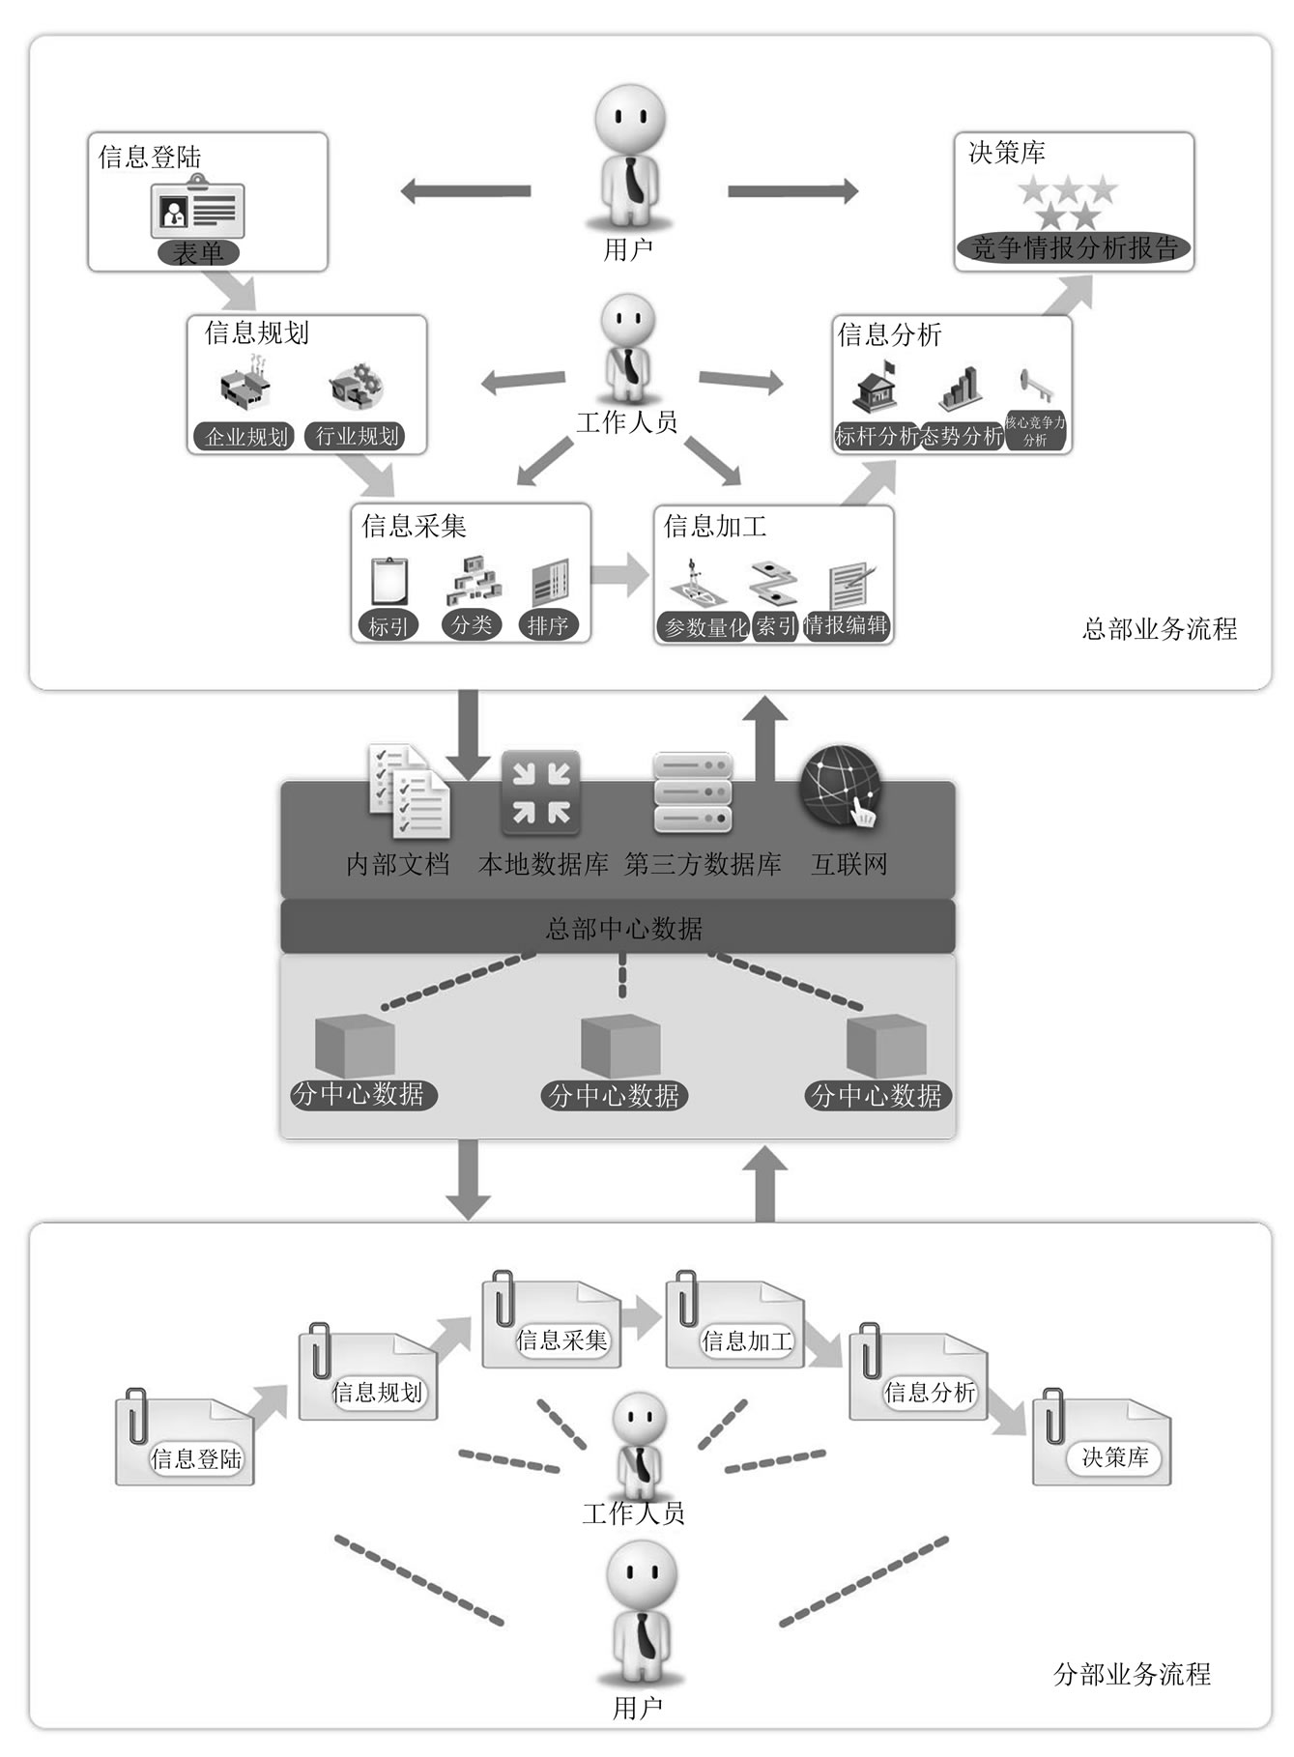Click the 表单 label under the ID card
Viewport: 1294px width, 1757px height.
coord(198,253)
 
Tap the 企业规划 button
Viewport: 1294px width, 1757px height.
coord(246,437)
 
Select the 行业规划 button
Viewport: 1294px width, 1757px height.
coord(357,437)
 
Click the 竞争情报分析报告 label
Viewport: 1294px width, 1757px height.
coord(1074,248)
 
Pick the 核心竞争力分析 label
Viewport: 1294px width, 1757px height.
coord(1035,431)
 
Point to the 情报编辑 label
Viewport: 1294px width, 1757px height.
coord(847,625)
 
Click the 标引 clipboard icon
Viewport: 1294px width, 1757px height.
coord(388,582)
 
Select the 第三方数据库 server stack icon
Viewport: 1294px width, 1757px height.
coord(692,793)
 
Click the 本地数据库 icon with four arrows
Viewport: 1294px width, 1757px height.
coord(540,793)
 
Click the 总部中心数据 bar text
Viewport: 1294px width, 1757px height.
coord(623,929)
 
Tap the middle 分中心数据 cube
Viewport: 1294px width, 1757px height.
coord(619,1047)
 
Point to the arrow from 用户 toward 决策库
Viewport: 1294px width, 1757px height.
coord(792,191)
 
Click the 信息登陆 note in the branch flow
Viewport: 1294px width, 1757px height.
coord(185,1440)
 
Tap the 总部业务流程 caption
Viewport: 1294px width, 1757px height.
coord(1159,629)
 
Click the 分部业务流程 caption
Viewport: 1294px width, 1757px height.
coord(1132,1674)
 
